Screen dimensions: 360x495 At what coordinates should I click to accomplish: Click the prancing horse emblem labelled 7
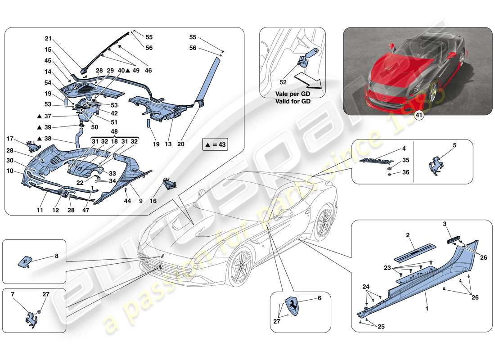(31, 317)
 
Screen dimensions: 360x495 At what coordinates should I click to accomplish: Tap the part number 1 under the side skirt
(426, 310)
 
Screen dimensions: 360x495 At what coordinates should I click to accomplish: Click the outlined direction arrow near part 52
(308, 82)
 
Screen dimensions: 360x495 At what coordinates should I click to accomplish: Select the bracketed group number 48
(114, 132)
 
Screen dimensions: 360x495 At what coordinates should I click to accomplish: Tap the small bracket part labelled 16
(169, 184)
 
